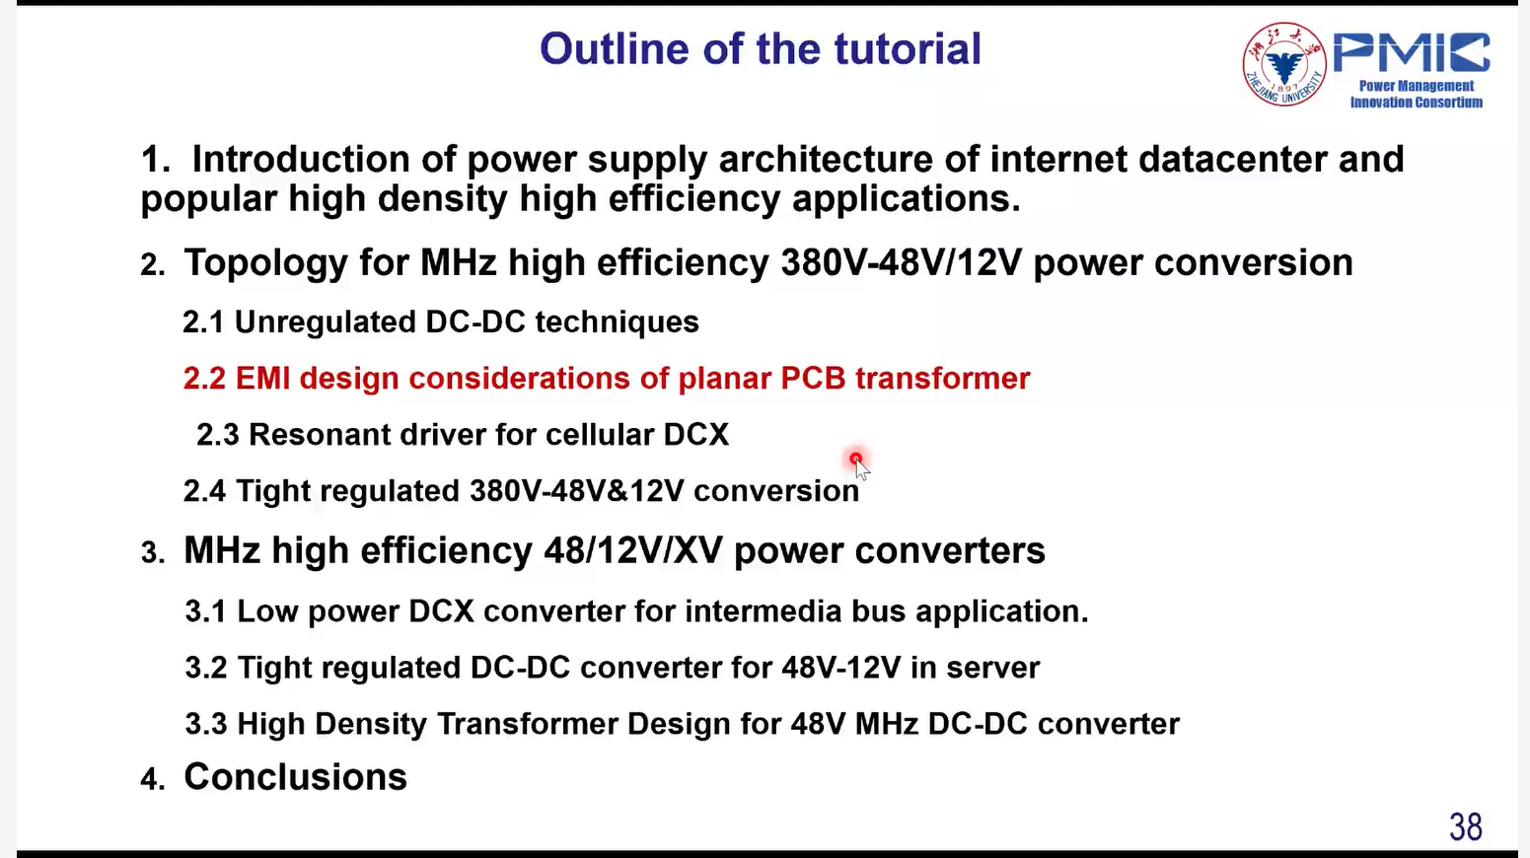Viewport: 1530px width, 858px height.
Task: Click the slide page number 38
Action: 1466,826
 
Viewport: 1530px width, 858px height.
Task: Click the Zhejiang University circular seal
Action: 1284,64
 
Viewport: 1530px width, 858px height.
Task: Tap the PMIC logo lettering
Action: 1412,52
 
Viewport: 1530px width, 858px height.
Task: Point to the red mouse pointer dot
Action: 856,458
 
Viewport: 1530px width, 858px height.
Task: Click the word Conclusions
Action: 295,777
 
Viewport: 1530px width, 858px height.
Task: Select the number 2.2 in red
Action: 204,379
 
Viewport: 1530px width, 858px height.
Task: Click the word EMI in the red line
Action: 263,379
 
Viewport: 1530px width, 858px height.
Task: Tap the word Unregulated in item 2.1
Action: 326,322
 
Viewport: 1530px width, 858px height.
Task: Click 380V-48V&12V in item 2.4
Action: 576,490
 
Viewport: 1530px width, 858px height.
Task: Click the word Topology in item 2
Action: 266,263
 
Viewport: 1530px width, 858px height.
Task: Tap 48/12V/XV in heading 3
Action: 633,550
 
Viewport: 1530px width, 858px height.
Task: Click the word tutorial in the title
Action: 908,48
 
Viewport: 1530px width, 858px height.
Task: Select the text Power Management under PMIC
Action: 1417,86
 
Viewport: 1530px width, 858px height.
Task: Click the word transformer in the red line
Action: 943,379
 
